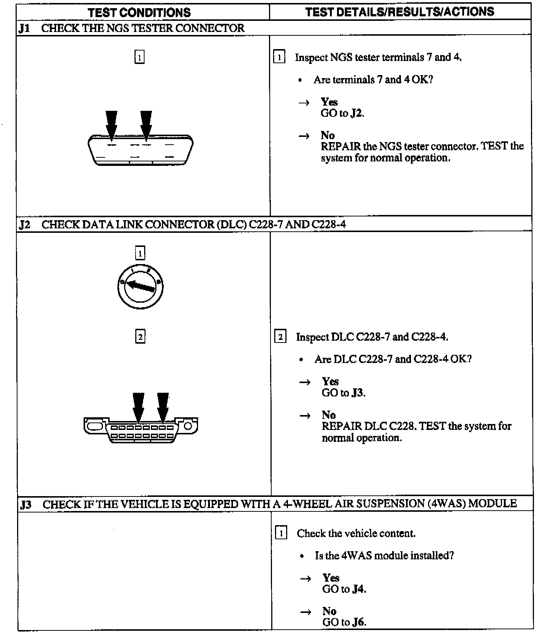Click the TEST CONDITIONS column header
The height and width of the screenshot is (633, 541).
coord(139,12)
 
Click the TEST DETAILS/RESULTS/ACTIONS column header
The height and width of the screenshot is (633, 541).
coord(399,12)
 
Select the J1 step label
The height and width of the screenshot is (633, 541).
coord(24,28)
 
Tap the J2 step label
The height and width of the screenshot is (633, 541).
coord(24,225)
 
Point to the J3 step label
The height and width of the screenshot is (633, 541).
coord(26,505)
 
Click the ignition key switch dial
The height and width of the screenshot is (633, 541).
coord(140,286)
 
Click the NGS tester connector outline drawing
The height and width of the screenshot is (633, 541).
coord(140,151)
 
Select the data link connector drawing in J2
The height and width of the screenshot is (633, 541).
coord(141,430)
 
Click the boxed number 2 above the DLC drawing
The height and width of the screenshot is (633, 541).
coord(140,337)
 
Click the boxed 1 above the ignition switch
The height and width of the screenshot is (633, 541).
coord(140,254)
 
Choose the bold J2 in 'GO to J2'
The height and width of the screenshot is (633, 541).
coord(357,113)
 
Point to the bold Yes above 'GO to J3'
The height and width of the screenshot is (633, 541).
coord(330,381)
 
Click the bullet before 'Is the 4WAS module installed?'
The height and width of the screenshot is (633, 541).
coord(303,556)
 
